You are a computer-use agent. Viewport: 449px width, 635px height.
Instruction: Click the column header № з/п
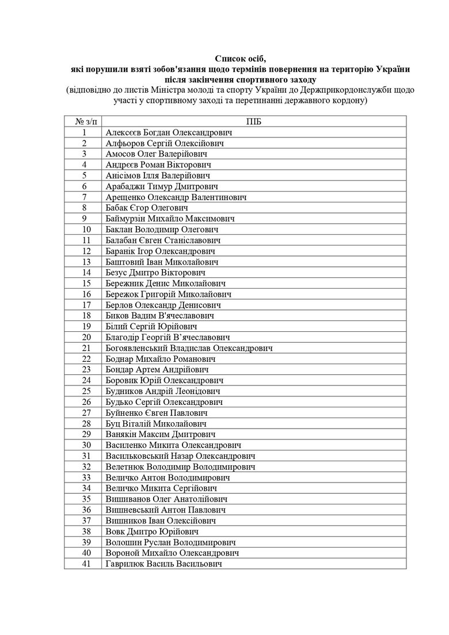point(84,121)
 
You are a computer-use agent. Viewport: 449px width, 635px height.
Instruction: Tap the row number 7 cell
point(84,197)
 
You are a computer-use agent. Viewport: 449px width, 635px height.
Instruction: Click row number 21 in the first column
point(84,348)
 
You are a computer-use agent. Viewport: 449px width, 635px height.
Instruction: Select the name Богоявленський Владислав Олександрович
point(189,348)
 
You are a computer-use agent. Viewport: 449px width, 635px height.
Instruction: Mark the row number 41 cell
point(84,564)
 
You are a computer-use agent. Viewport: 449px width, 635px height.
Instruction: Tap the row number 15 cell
point(84,284)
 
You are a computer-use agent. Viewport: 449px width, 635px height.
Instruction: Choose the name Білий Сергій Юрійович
point(148,327)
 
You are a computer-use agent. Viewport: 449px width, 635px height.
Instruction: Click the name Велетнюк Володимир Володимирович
point(181,467)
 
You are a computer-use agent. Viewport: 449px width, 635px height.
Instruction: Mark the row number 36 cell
point(84,510)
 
